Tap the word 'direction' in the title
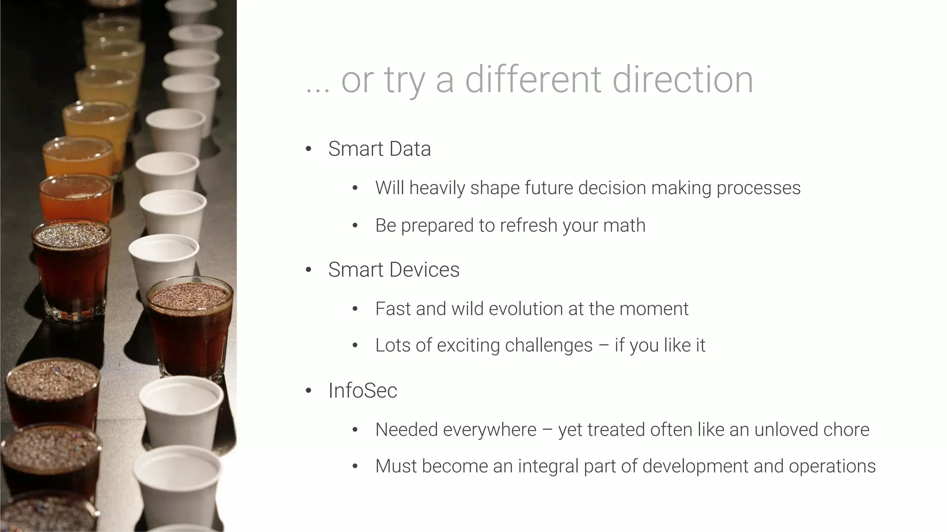(683, 79)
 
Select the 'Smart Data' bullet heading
(379, 149)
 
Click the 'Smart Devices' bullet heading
(394, 269)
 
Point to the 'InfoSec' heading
(363, 391)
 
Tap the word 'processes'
(758, 188)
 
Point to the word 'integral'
(548, 466)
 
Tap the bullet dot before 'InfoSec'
(309, 391)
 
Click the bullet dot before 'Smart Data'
(309, 149)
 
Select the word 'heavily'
(437, 188)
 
